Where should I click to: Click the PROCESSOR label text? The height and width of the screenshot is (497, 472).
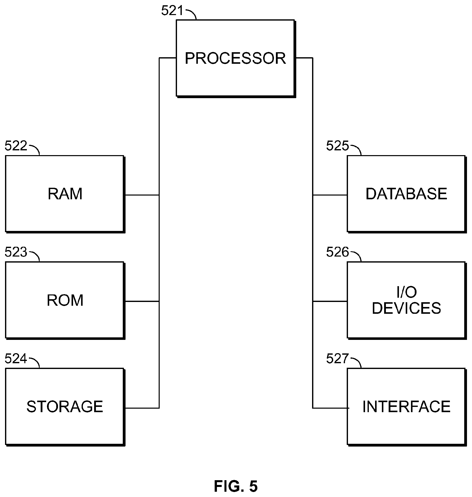click(x=235, y=58)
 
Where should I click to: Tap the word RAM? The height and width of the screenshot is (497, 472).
click(x=65, y=194)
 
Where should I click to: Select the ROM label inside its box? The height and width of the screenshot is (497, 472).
click(x=65, y=300)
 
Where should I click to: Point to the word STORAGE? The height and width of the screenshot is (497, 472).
click(x=65, y=407)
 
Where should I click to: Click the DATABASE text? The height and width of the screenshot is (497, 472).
click(x=406, y=194)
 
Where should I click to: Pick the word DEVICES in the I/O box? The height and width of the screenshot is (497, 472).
click(x=406, y=308)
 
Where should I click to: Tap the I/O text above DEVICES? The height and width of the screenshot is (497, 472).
click(x=406, y=292)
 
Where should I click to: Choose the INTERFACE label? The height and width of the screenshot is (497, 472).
click(x=406, y=407)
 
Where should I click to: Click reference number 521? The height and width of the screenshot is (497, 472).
click(x=172, y=11)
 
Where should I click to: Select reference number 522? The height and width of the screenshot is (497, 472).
click(x=16, y=146)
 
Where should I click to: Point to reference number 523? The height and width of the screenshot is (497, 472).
click(x=16, y=252)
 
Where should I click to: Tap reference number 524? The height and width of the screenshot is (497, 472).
click(x=16, y=359)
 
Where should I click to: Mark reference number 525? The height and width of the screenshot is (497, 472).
click(x=337, y=146)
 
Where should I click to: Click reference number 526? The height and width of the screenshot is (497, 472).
click(x=337, y=252)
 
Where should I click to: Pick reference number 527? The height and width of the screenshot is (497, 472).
click(x=337, y=359)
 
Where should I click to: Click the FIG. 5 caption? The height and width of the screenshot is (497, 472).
click(x=236, y=486)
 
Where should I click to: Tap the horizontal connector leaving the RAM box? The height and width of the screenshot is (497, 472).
click(x=142, y=195)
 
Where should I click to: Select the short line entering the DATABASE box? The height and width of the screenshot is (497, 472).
click(x=330, y=195)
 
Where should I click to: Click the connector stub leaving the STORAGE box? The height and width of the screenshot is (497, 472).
click(x=142, y=408)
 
